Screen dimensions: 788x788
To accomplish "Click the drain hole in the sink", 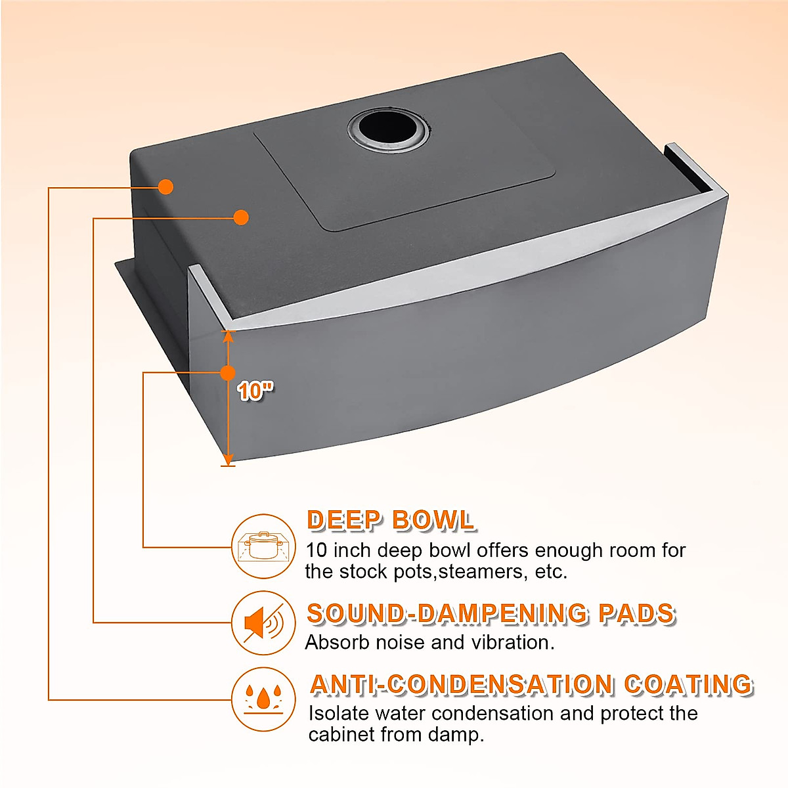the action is [389, 128].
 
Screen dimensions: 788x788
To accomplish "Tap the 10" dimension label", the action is [255, 391].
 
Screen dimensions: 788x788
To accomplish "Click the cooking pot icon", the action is [263, 546].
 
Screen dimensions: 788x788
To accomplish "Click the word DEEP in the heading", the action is [344, 520].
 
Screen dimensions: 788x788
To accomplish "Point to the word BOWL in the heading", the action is [433, 520].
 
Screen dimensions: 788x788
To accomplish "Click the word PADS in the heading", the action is [636, 613].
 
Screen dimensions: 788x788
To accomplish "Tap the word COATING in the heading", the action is [688, 684].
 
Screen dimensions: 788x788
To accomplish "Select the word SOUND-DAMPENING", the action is [448, 613].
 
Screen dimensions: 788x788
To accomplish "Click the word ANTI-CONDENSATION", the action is [461, 684].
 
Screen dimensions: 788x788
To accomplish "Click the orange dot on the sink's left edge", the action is [166, 187].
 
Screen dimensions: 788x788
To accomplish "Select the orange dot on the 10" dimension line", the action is [228, 373].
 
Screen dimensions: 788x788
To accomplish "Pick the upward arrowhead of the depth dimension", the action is [228, 336].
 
